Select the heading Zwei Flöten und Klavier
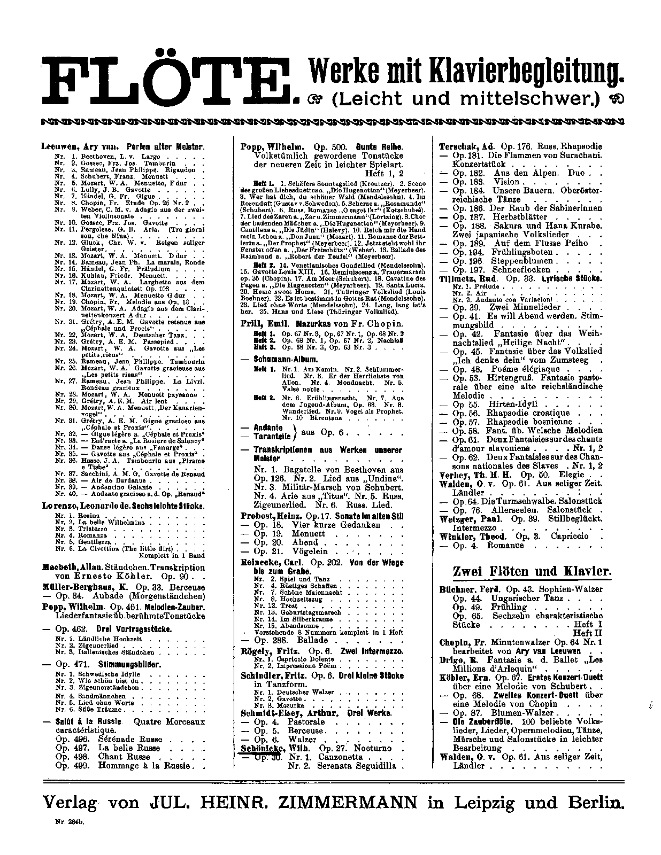(531, 571)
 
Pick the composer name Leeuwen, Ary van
(72, 146)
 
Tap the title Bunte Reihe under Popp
(382, 146)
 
